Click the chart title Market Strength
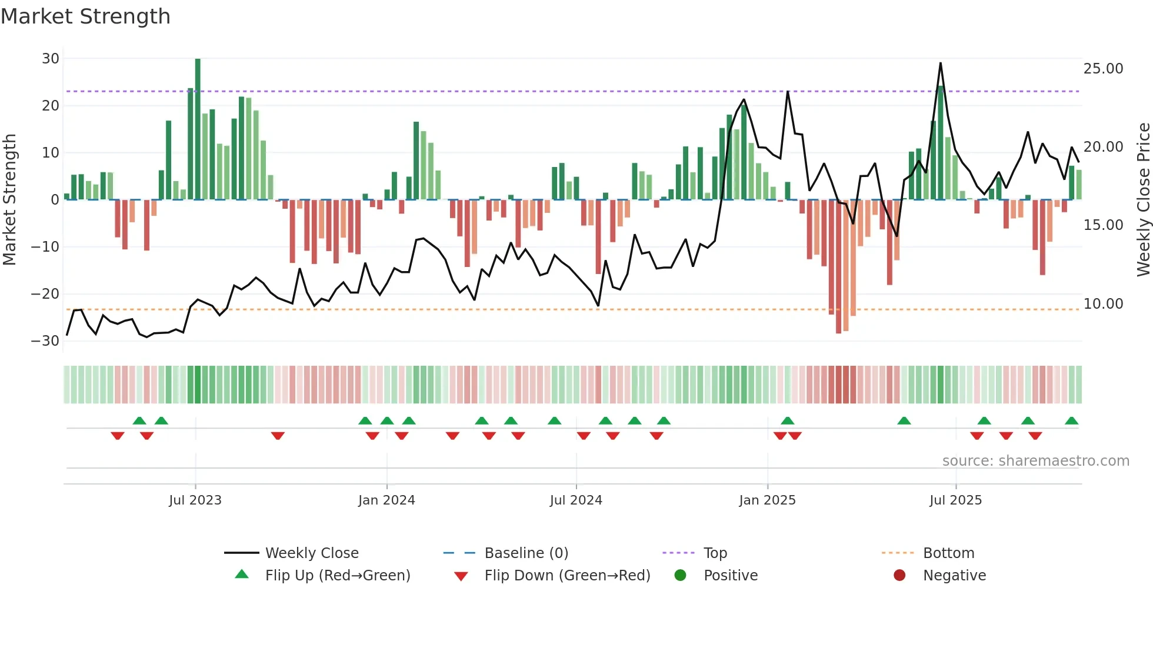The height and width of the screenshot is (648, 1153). [x=85, y=16]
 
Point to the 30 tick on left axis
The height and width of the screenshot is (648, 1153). [x=51, y=59]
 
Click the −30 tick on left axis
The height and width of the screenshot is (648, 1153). [x=45, y=341]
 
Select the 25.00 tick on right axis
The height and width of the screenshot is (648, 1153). [x=1103, y=69]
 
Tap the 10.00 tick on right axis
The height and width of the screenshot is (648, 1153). [x=1103, y=304]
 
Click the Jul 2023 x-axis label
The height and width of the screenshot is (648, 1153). [x=195, y=500]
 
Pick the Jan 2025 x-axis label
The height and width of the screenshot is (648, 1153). [x=767, y=500]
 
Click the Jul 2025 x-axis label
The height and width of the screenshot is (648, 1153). [x=955, y=500]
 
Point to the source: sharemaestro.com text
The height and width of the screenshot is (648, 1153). [x=1035, y=461]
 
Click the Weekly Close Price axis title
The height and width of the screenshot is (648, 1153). [x=1143, y=200]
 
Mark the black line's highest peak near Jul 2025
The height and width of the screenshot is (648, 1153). [x=940, y=63]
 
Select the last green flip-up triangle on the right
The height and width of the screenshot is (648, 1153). [x=1071, y=421]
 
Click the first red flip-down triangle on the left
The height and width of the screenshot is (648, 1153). [x=118, y=436]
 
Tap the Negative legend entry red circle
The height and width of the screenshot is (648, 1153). [x=899, y=576]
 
